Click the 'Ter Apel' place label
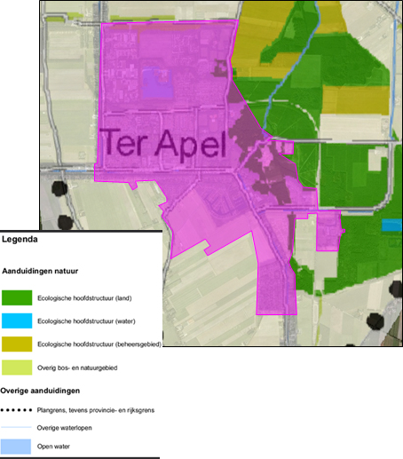[x=163, y=143]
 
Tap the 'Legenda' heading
[x=20, y=240]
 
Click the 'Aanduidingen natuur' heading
[x=40, y=271]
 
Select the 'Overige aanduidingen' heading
[x=40, y=391]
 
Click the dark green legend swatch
[x=17, y=297]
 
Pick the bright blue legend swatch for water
[x=17, y=321]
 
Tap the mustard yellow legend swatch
[x=17, y=344]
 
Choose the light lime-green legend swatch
[x=17, y=368]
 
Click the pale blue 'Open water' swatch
[x=16, y=447]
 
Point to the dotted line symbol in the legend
[x=16, y=410]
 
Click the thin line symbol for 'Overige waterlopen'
[x=16, y=427]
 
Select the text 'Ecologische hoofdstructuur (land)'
[x=84, y=298]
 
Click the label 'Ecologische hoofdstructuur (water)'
[x=86, y=321]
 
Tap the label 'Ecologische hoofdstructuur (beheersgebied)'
[x=99, y=344]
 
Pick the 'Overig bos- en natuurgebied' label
[x=77, y=368]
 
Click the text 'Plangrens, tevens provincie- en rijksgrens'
[x=96, y=410]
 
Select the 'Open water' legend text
[x=53, y=447]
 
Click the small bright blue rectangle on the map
[x=391, y=225]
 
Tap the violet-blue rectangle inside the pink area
[x=157, y=83]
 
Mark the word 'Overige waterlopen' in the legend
[x=64, y=428]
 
